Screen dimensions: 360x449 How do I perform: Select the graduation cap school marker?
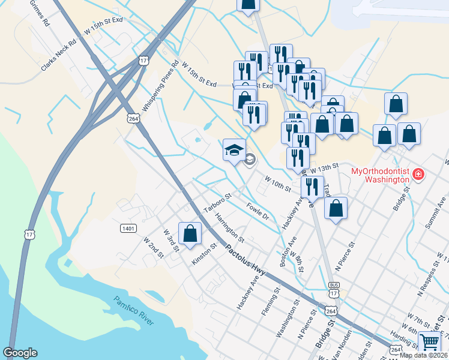coord(234,149)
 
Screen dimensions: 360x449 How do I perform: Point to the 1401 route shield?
coord(128,228)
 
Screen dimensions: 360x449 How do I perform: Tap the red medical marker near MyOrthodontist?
coord(418,175)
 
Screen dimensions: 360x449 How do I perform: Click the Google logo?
coord(20,353)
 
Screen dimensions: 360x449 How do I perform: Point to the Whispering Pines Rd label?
coord(161,85)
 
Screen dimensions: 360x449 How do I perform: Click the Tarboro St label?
coord(217,203)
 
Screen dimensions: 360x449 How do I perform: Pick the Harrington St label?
coord(230,228)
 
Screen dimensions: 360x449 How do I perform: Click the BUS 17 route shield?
coord(334,289)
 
